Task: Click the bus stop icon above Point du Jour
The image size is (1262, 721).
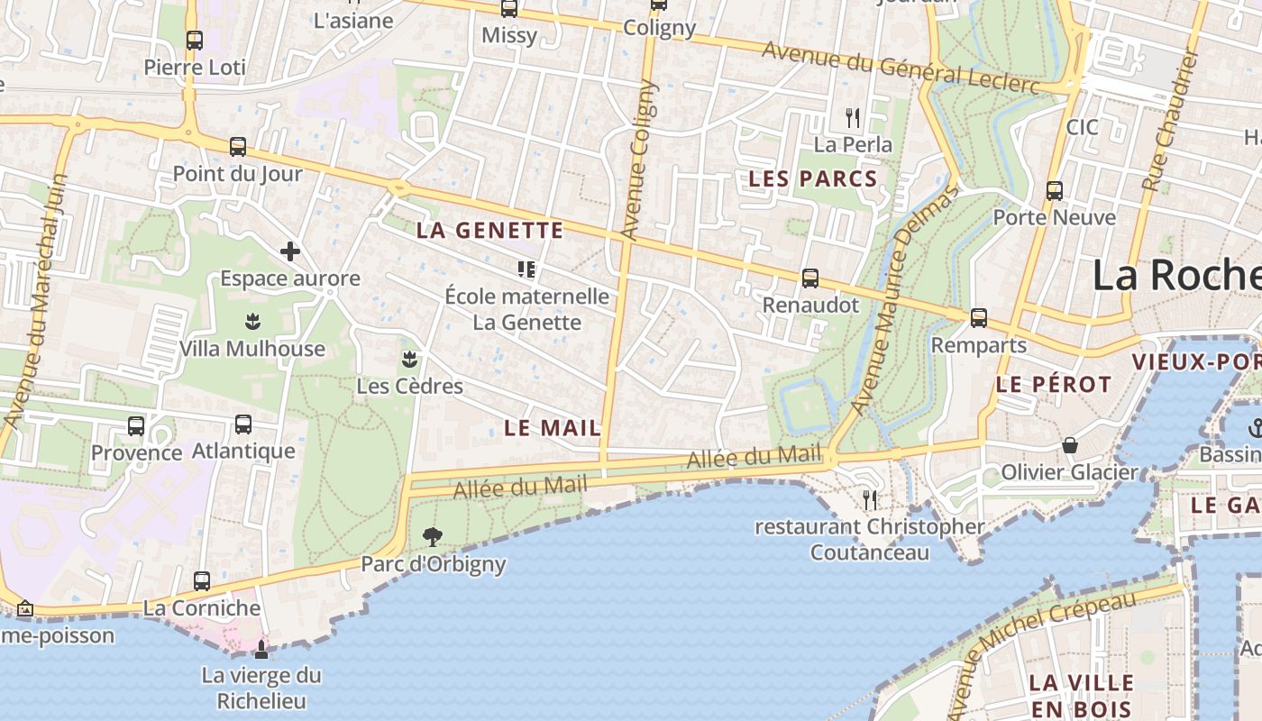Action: point(238,146)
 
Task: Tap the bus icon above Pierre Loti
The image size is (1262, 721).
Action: point(195,40)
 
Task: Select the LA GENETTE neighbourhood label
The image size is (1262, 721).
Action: point(489,231)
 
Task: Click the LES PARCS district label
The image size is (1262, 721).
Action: point(813,179)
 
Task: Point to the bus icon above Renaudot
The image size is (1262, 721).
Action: point(810,278)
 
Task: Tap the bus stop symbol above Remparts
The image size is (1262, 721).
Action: point(979,317)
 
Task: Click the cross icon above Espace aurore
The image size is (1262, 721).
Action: point(290,251)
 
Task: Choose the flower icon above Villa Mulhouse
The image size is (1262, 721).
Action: point(252,322)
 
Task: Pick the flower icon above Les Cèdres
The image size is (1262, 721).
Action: point(409,360)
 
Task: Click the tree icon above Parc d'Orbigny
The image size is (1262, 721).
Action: point(433,537)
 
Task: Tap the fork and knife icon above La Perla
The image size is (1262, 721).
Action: point(853,117)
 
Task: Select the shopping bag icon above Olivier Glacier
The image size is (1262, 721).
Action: point(1070,445)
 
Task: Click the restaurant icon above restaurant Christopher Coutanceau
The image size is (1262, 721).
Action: point(870,498)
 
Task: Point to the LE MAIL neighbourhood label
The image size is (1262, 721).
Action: point(553,428)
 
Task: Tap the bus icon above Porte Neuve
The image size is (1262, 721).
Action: point(1055,190)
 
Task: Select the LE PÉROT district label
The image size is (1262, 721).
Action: point(1054,385)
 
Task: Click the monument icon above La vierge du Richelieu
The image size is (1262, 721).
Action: point(261,649)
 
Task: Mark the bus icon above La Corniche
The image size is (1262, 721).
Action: point(202,581)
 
